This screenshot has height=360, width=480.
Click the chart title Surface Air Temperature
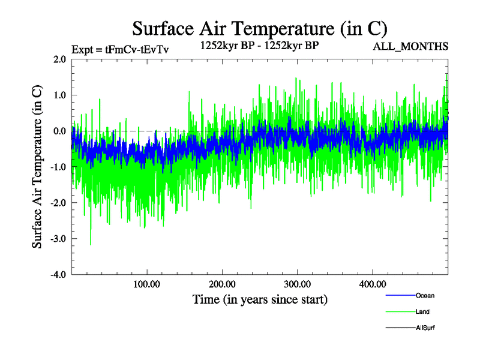(x=260, y=28)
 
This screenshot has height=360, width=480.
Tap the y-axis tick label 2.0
(x=59, y=59)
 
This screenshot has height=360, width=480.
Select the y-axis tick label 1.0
(x=59, y=95)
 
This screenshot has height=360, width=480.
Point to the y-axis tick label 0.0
(x=59, y=131)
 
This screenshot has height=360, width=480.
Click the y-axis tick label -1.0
(x=58, y=167)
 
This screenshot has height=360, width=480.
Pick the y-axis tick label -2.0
(x=58, y=203)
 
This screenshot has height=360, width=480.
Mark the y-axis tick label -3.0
(x=58, y=239)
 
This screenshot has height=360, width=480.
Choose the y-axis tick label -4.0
(x=58, y=275)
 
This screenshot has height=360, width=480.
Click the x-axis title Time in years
(x=260, y=299)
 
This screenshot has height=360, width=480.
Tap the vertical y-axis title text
(x=37, y=167)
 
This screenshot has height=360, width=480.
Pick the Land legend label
(x=422, y=312)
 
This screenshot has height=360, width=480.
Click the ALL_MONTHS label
(x=411, y=47)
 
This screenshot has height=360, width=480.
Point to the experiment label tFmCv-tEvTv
(x=120, y=50)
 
